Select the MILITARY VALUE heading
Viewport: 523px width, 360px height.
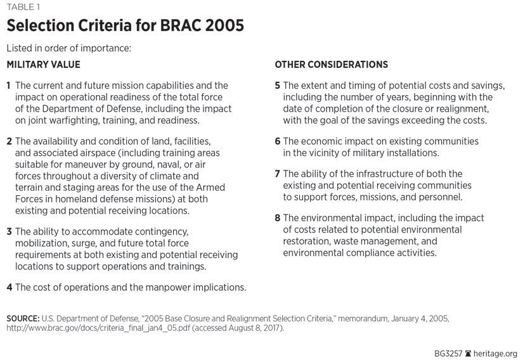43,64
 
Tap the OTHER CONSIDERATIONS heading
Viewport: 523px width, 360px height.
331,64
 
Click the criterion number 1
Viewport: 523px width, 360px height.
9,86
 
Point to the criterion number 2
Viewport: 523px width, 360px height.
9,141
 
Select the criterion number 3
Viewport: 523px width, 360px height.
9,231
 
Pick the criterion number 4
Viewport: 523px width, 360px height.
9,287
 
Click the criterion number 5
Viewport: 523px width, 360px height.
278,86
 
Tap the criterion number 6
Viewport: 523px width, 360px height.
278,141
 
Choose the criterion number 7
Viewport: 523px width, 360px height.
278,174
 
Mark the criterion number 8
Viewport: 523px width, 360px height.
278,217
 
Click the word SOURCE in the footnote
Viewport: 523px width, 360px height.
23,318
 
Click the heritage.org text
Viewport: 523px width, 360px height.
497,353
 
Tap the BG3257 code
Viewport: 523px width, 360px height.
446,353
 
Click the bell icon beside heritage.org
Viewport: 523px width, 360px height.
468,353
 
